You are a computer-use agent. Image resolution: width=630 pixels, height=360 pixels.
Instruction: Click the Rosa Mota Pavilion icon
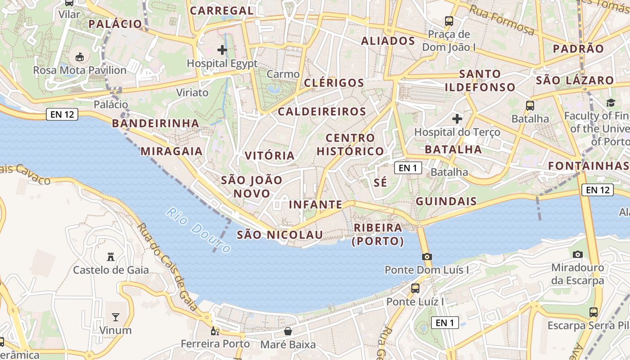tap(80, 57)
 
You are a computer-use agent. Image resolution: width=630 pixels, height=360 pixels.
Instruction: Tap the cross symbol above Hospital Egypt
tap(222, 49)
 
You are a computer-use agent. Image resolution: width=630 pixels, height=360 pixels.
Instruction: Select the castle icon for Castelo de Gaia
tap(111, 257)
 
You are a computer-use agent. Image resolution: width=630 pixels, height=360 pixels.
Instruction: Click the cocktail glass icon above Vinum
tap(116, 317)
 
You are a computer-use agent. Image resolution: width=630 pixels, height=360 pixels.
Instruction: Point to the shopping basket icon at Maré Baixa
tap(288, 332)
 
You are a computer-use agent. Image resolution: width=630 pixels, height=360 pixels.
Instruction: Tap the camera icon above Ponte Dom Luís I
tap(427, 256)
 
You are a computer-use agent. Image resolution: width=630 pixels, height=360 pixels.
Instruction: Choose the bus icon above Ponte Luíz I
tap(415, 288)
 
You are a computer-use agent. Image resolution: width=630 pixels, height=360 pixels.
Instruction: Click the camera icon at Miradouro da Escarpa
tap(578, 254)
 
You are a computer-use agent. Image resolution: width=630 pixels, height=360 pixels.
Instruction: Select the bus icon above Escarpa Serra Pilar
tap(594, 312)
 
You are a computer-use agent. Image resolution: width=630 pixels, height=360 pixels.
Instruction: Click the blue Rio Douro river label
tap(198, 230)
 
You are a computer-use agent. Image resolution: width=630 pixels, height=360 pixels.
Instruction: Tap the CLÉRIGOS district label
tap(334, 83)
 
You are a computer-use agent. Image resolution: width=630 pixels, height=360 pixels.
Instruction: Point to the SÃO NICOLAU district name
tap(280, 235)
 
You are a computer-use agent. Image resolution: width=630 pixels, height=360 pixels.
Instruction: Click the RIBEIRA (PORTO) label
tap(378, 234)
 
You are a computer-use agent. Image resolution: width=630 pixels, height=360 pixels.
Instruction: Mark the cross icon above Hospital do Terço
tap(457, 119)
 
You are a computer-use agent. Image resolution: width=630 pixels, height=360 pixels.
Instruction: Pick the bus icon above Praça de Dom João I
tap(449, 21)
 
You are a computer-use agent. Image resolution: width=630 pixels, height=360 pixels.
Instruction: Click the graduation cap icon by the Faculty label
tap(611, 103)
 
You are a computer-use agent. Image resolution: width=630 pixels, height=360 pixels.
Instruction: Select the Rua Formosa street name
tap(502, 20)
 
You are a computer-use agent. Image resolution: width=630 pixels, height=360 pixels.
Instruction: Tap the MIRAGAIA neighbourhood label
tap(171, 151)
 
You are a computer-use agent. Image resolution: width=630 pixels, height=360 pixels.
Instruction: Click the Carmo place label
tap(283, 74)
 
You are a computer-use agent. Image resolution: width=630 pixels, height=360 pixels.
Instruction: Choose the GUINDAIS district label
tap(446, 201)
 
